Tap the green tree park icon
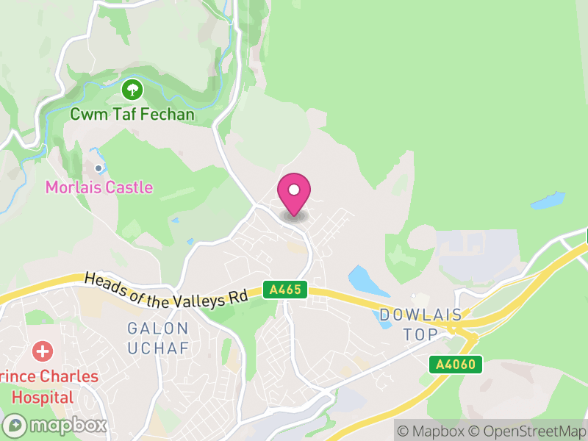coord(132,90)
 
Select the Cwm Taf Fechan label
coord(132,115)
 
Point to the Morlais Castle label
coord(99,187)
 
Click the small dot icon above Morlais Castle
coord(98,168)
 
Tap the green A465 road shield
coord(285,290)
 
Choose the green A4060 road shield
coord(456,364)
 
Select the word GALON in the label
coord(158,328)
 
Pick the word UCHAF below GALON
coord(158,348)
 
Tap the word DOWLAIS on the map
coord(421,315)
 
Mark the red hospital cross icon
coord(43,351)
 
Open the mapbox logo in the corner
coord(56,425)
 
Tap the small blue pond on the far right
coord(548,201)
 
